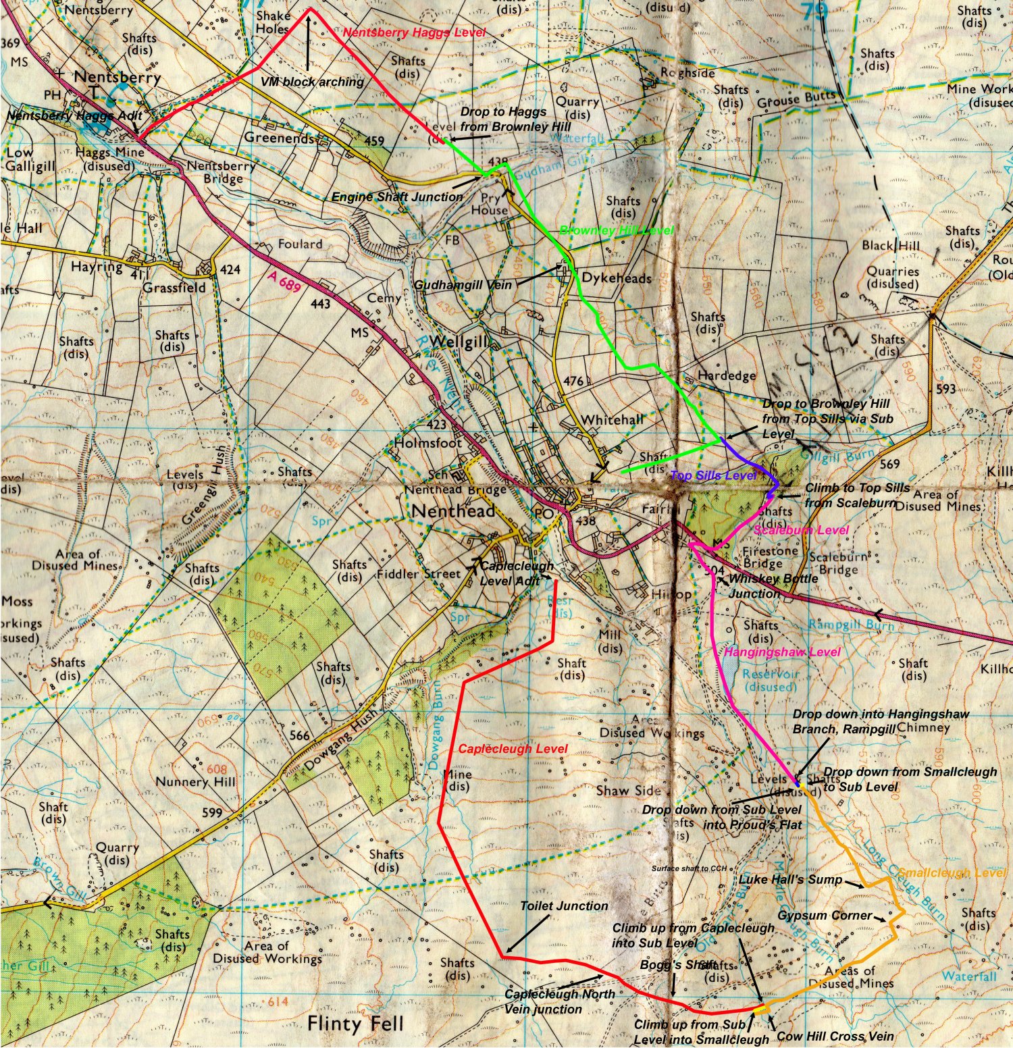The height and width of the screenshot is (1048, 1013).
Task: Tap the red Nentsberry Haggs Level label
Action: tap(414, 32)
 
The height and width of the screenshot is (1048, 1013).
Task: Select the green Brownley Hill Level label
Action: tap(616, 231)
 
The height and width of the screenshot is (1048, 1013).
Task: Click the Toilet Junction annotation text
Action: tap(564, 906)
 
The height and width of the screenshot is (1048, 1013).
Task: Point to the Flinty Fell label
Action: tap(355, 1024)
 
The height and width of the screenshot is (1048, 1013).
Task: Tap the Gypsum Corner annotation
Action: tap(825, 916)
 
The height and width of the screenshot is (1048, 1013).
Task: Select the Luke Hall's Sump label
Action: tap(790, 880)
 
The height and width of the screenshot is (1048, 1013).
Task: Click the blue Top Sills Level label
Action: tap(713, 475)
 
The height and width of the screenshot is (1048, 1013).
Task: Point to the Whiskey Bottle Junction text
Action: tap(773, 586)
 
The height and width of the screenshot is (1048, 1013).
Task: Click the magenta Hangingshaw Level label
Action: tap(782, 652)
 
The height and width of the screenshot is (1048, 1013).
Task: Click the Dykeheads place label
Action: tap(617, 278)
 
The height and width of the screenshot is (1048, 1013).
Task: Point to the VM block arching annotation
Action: tap(312, 82)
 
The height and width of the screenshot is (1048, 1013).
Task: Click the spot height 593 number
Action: tap(946, 389)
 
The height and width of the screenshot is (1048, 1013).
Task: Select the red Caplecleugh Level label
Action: tap(513, 750)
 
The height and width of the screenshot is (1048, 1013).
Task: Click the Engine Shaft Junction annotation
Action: tap(396, 197)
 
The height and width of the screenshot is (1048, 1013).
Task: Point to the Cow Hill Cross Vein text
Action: tap(835, 1037)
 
